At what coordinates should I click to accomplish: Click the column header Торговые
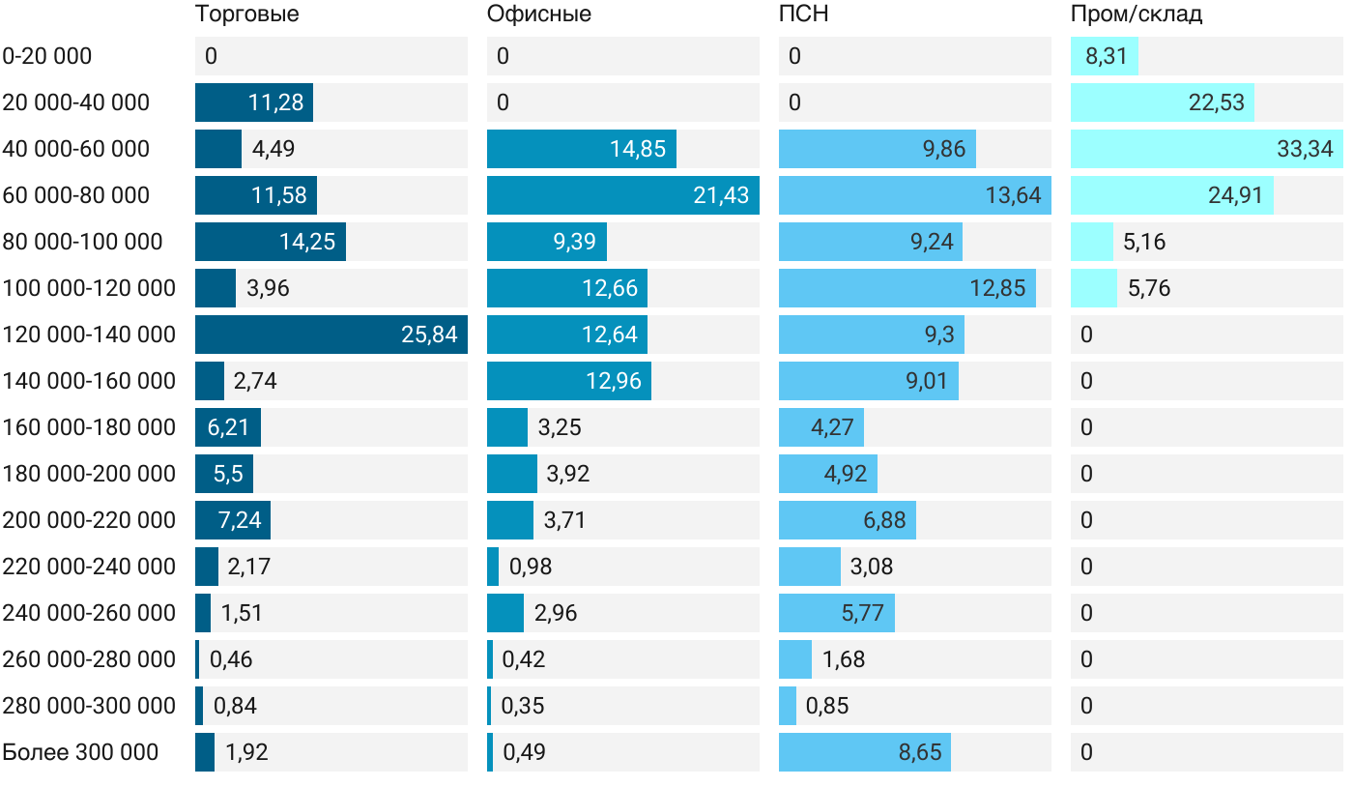click(x=246, y=15)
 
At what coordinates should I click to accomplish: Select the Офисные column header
click(x=538, y=15)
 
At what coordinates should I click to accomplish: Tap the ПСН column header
click(x=803, y=15)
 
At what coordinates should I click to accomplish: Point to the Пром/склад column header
click(x=1136, y=15)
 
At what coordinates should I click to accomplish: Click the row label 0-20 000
click(x=47, y=56)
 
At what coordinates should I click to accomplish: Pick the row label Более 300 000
click(x=80, y=752)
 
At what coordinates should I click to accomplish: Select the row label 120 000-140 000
click(x=89, y=335)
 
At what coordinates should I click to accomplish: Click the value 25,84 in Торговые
click(x=429, y=335)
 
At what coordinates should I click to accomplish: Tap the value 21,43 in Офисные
click(x=721, y=195)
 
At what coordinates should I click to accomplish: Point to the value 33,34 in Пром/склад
click(x=1305, y=149)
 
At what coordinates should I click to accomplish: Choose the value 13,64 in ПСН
click(x=1013, y=195)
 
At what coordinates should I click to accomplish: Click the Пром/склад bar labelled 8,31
click(x=1104, y=56)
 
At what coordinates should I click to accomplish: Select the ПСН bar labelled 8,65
click(x=864, y=752)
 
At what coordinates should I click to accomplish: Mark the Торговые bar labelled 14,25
click(x=270, y=242)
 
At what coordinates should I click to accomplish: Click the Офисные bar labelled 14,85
click(x=581, y=149)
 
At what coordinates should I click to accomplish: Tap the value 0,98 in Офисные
click(x=531, y=567)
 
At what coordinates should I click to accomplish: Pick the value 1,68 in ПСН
click(x=843, y=659)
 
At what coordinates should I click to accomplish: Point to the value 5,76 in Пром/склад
click(x=1148, y=288)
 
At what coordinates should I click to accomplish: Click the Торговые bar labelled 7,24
click(x=232, y=520)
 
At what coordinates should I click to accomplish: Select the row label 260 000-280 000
click(x=89, y=659)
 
